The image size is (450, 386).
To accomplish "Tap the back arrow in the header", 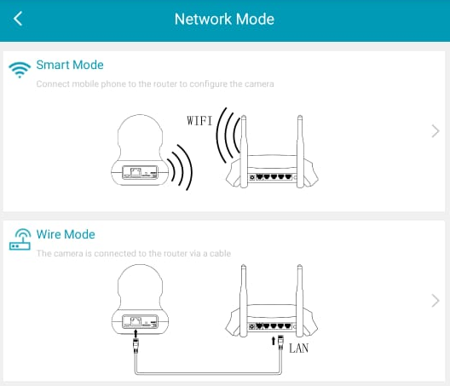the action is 18,19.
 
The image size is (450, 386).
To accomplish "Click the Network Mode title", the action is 224,20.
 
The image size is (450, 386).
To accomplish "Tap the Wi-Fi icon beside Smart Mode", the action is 20,70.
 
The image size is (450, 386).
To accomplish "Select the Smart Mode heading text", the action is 70,65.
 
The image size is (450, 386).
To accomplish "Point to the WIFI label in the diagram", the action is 199,121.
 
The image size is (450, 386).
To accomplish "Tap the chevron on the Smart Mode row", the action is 436,131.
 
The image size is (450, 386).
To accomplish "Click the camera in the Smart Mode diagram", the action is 140,150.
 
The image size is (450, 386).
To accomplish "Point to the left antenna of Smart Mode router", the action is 244,152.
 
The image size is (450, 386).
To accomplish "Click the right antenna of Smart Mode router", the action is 300,152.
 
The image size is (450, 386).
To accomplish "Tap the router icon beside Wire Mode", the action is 20,239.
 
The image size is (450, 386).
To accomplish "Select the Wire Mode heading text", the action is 66,234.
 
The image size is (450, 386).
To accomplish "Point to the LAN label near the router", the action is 299,349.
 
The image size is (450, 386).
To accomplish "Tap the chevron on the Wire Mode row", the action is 436,301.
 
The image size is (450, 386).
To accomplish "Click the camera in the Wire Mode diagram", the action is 140,300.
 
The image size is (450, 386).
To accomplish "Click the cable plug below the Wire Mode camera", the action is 136,346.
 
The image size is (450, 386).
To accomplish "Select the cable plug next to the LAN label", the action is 280,342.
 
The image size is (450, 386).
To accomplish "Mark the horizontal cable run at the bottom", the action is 208,373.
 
